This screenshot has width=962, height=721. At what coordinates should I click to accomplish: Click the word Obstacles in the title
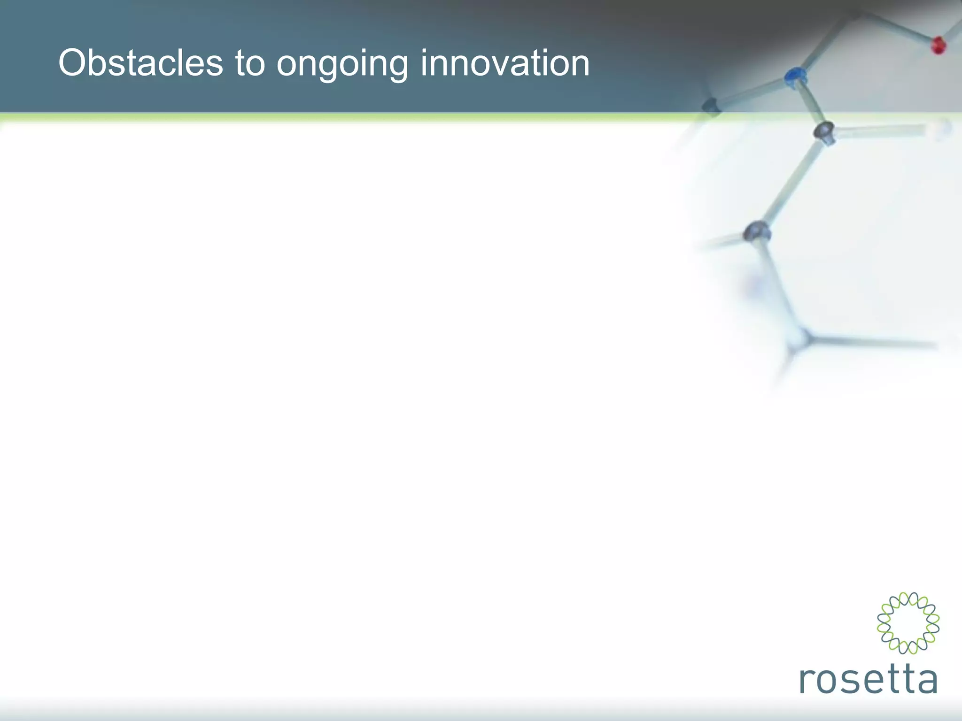click(x=140, y=63)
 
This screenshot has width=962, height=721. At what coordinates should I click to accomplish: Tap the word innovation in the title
click(x=505, y=63)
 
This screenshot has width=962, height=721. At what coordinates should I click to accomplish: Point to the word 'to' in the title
click(x=249, y=63)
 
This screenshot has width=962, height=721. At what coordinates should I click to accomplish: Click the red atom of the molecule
click(x=939, y=46)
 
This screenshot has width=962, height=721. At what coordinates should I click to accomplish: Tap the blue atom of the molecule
click(x=795, y=77)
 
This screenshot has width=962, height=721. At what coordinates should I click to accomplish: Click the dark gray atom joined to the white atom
click(x=824, y=132)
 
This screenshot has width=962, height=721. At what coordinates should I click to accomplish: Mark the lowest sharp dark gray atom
click(x=757, y=231)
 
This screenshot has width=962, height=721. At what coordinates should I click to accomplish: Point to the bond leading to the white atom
click(x=883, y=131)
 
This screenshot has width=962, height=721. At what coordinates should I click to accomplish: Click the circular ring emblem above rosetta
click(x=908, y=623)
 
